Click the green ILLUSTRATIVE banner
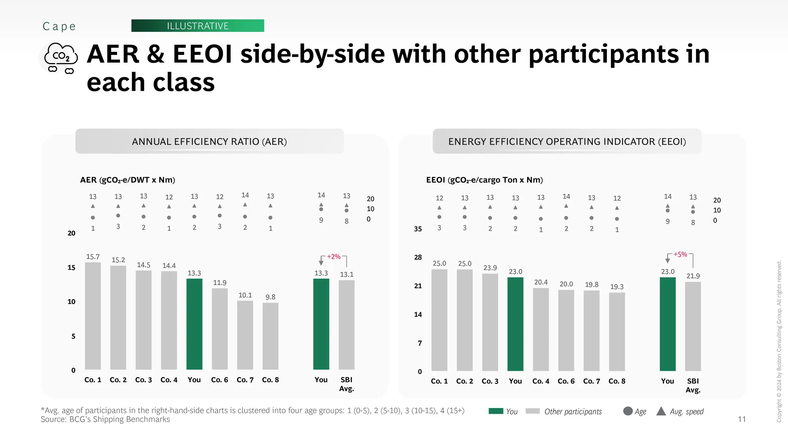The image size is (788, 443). click(197, 26)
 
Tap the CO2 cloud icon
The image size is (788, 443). click(61, 58)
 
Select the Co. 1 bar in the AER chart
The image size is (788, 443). click(93, 316)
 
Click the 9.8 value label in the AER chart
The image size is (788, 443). click(270, 297)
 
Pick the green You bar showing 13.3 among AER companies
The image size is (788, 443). click(194, 324)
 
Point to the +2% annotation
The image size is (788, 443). click(334, 256)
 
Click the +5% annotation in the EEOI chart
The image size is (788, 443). click(680, 255)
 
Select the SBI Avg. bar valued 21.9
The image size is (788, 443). click(693, 326)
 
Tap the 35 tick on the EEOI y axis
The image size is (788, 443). click(418, 229)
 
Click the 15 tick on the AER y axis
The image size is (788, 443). click(72, 268)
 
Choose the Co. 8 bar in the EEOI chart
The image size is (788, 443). click(617, 331)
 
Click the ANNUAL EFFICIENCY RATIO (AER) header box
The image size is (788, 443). click(209, 142)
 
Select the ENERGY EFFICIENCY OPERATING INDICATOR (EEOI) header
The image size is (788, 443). click(567, 142)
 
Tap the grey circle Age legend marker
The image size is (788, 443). click(628, 411)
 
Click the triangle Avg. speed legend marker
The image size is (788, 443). click(661, 411)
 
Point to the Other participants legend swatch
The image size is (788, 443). click(533, 411)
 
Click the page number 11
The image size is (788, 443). click(742, 419)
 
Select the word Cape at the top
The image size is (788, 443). click(59, 26)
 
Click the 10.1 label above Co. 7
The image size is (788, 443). click(245, 295)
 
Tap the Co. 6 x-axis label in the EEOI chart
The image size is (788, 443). click(566, 381)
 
